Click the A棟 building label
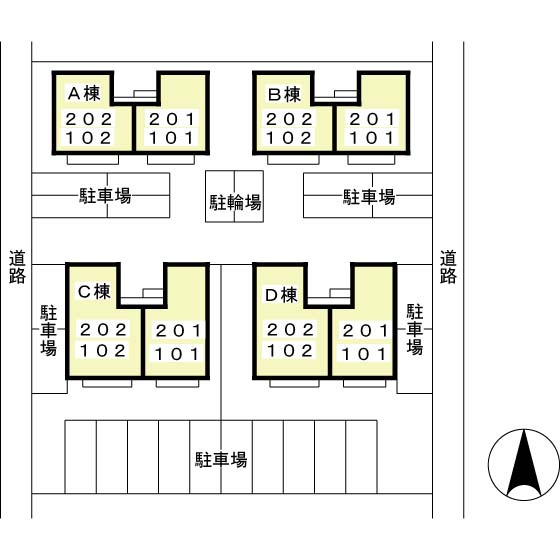click(84, 94)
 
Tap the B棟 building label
click(284, 95)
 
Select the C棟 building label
click(94, 291)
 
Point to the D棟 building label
click(281, 295)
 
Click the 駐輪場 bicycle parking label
click(235, 202)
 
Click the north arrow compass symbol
click(524, 464)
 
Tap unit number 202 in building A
click(89, 119)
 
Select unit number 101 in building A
click(172, 138)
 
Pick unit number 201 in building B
click(372, 119)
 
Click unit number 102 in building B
click(289, 138)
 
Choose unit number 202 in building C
click(103, 330)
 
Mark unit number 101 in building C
click(177, 354)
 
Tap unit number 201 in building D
click(365, 331)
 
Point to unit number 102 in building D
click(290, 351)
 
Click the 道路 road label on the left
click(17, 266)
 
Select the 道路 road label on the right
click(448, 266)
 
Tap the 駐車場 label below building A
click(105, 196)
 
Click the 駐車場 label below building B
click(369, 197)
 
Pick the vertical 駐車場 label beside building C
click(48, 330)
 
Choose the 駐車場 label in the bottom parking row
click(221, 460)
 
